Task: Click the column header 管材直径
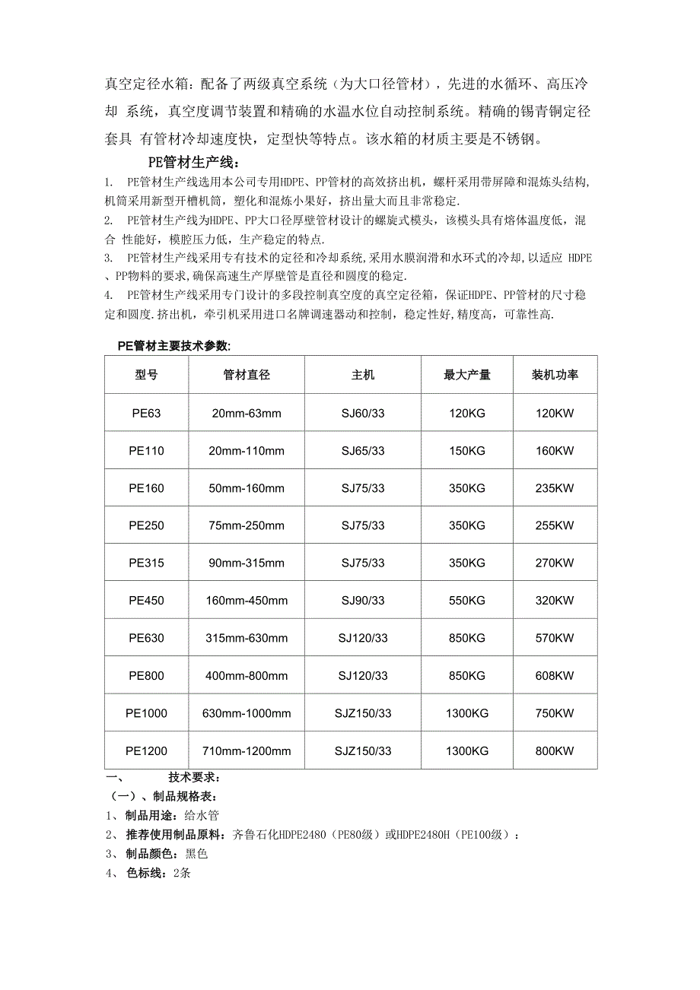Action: (247, 375)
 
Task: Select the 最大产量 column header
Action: (466, 375)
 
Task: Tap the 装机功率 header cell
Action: (555, 375)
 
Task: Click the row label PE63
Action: (146, 414)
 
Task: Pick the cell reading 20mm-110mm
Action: (247, 451)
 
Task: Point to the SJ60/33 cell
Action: (363, 414)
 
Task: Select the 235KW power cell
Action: (555, 488)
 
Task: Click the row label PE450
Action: (146, 601)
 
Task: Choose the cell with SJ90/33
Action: (363, 601)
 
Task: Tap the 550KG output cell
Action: (466, 601)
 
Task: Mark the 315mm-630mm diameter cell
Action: (247, 638)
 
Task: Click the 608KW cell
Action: (555, 675)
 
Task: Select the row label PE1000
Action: (146, 713)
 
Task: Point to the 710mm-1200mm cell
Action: (247, 751)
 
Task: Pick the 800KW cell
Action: (555, 751)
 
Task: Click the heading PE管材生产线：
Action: (194, 162)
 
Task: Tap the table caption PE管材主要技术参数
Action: (173, 346)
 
